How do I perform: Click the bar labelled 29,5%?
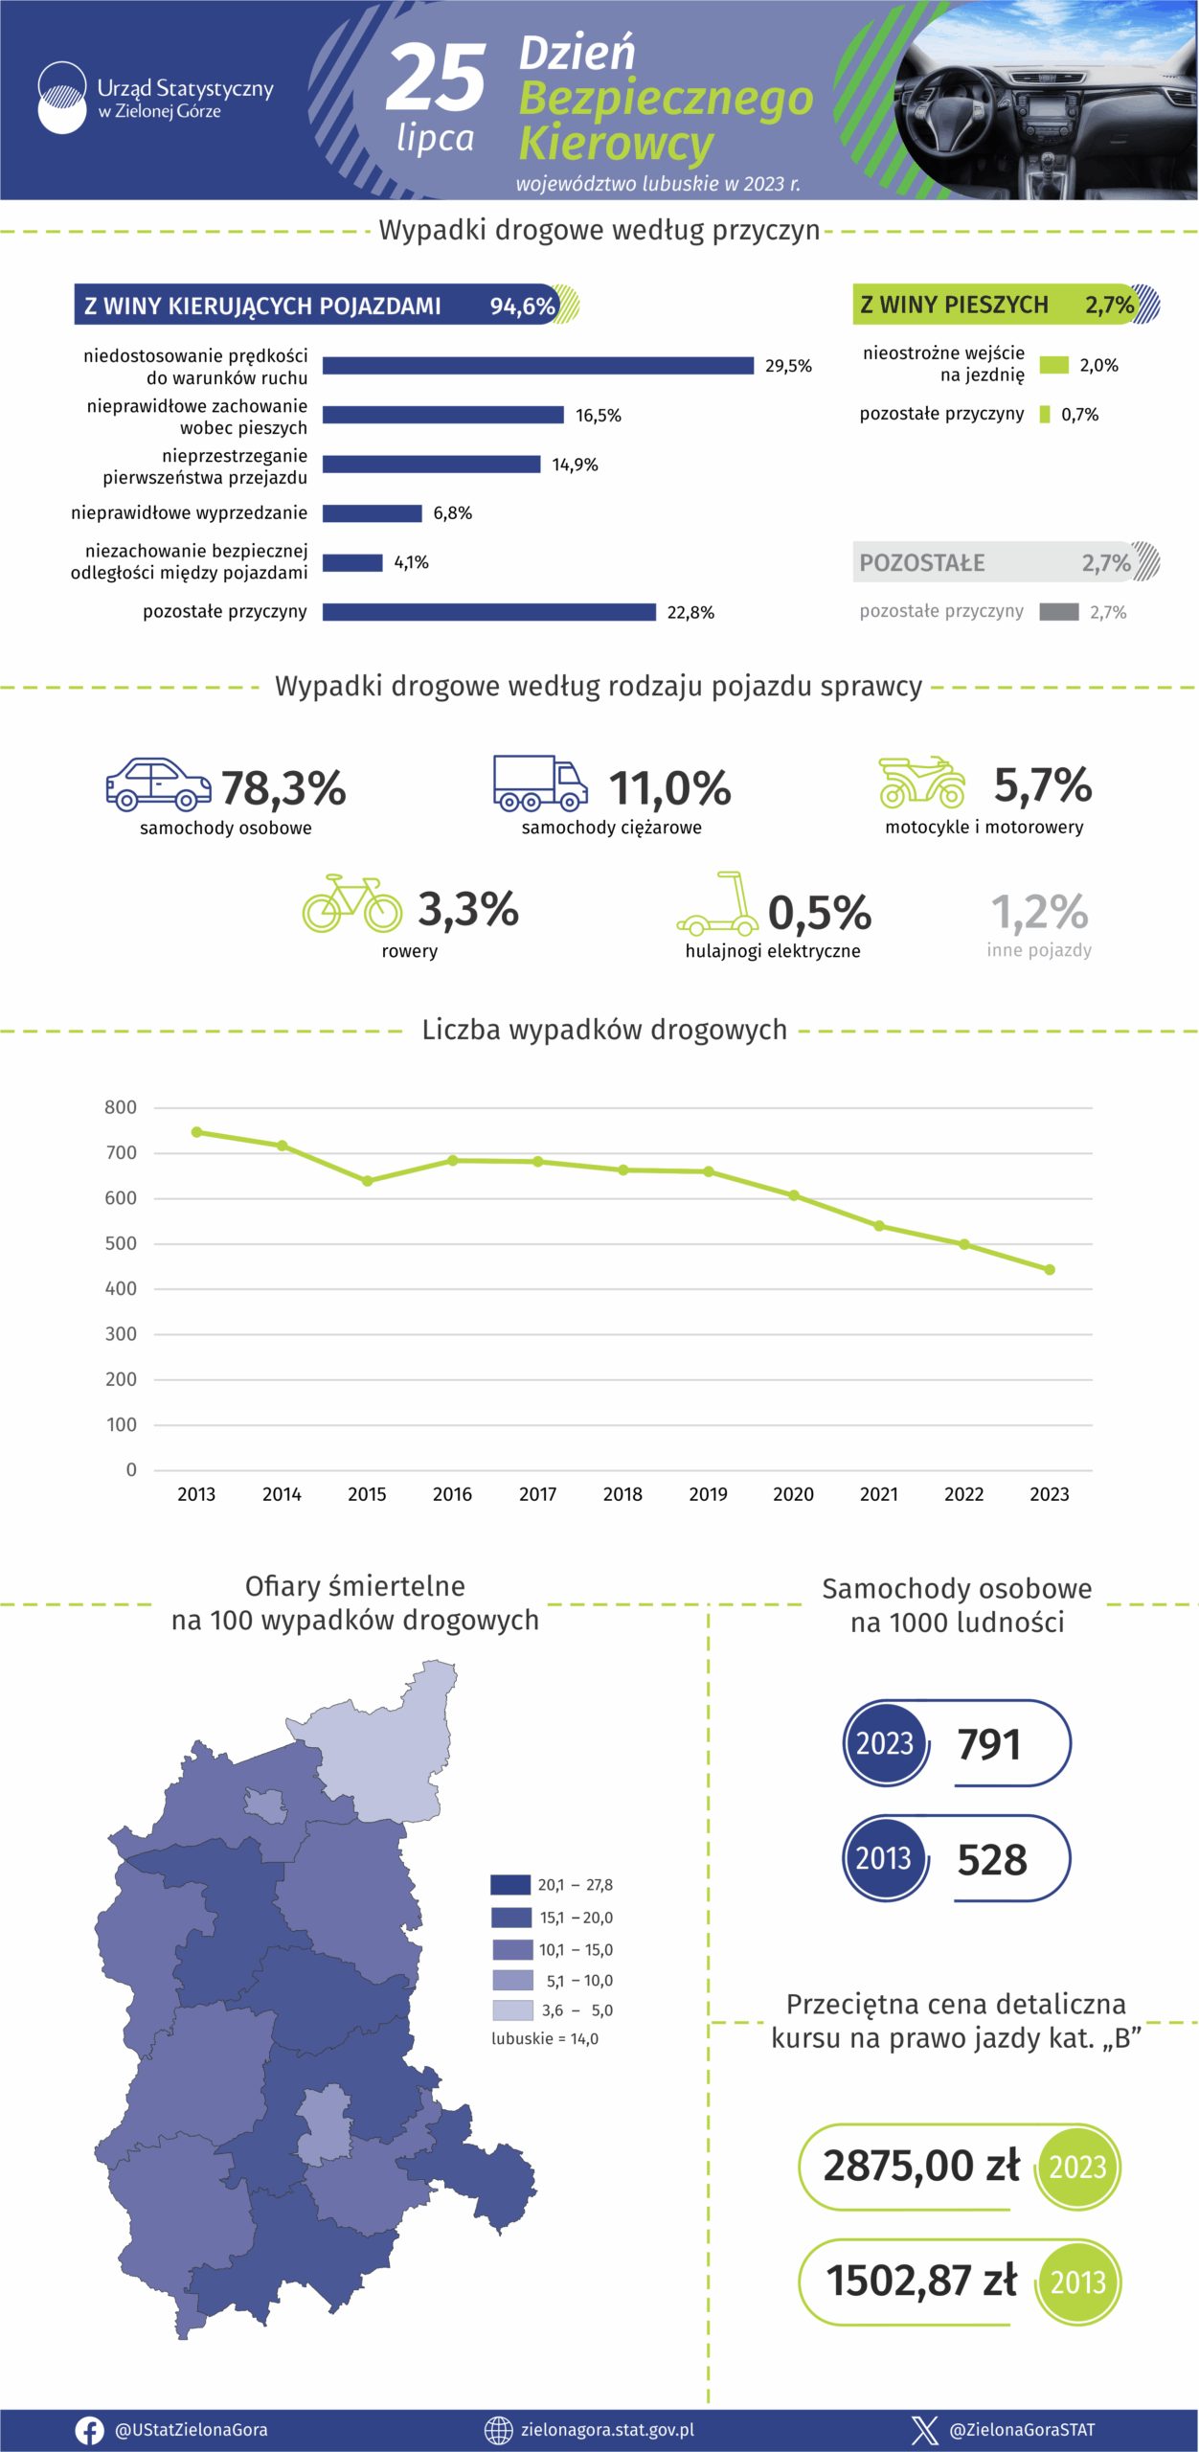click(537, 365)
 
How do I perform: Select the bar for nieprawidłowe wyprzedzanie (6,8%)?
click(372, 513)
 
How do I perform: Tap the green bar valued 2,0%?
click(1053, 365)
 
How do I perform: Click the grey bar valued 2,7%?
click(1059, 612)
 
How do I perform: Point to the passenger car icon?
click(158, 784)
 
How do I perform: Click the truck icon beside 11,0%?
click(540, 783)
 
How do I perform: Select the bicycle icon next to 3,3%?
click(351, 903)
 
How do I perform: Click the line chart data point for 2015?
click(367, 1181)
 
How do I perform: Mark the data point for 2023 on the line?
click(1050, 1270)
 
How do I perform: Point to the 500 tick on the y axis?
click(121, 1243)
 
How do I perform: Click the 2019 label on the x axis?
click(708, 1494)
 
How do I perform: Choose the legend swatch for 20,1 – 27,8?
click(510, 1885)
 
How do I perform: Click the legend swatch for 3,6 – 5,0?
click(512, 2009)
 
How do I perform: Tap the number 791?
click(989, 1743)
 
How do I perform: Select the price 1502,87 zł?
click(921, 2281)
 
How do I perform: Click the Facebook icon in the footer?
click(89, 2430)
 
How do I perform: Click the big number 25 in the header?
click(436, 78)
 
